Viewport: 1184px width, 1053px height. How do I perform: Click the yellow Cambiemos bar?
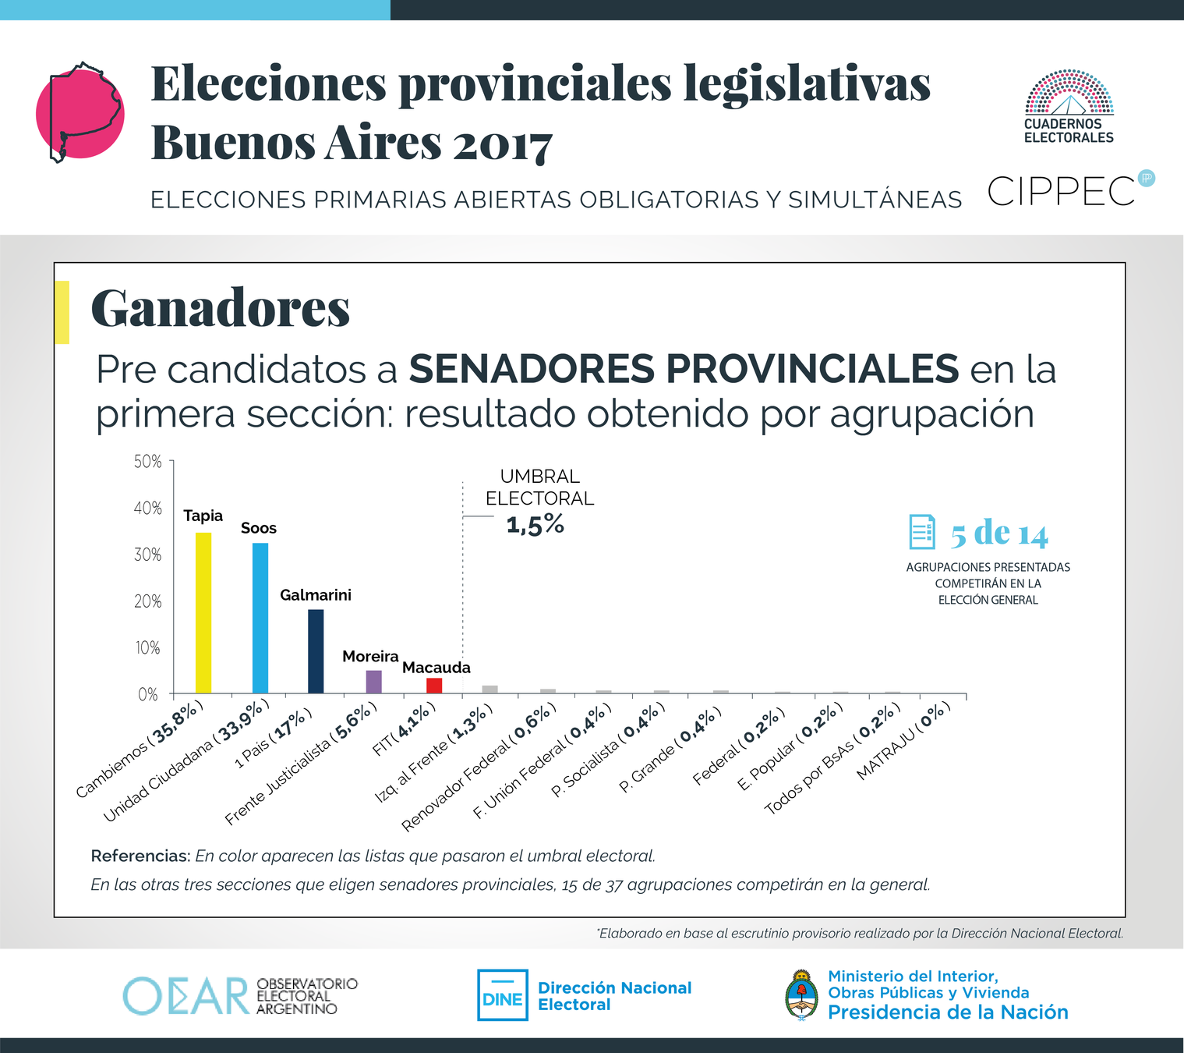point(203,612)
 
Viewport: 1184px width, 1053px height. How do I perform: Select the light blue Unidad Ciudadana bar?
point(260,618)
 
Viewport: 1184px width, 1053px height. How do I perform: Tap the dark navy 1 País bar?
point(316,651)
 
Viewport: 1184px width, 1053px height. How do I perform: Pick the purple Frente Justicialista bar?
point(374,682)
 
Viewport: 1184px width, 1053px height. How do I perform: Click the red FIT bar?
point(434,686)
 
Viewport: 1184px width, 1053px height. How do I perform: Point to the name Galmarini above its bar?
point(316,595)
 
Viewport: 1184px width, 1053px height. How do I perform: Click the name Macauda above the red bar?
point(436,668)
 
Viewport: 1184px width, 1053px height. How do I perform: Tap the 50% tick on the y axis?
point(148,462)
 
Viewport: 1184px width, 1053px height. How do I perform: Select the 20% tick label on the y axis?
point(148,601)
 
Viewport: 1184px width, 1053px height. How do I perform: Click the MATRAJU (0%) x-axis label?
point(904,741)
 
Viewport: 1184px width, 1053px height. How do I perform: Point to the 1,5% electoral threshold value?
point(535,525)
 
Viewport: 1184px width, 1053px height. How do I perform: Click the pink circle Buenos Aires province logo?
point(80,113)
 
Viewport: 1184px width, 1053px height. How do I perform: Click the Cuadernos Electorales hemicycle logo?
point(1069,94)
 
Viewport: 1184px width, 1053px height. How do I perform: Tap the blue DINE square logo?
point(502,995)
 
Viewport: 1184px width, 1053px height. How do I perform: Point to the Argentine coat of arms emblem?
point(801,994)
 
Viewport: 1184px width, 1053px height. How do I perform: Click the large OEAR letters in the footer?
point(186,995)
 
